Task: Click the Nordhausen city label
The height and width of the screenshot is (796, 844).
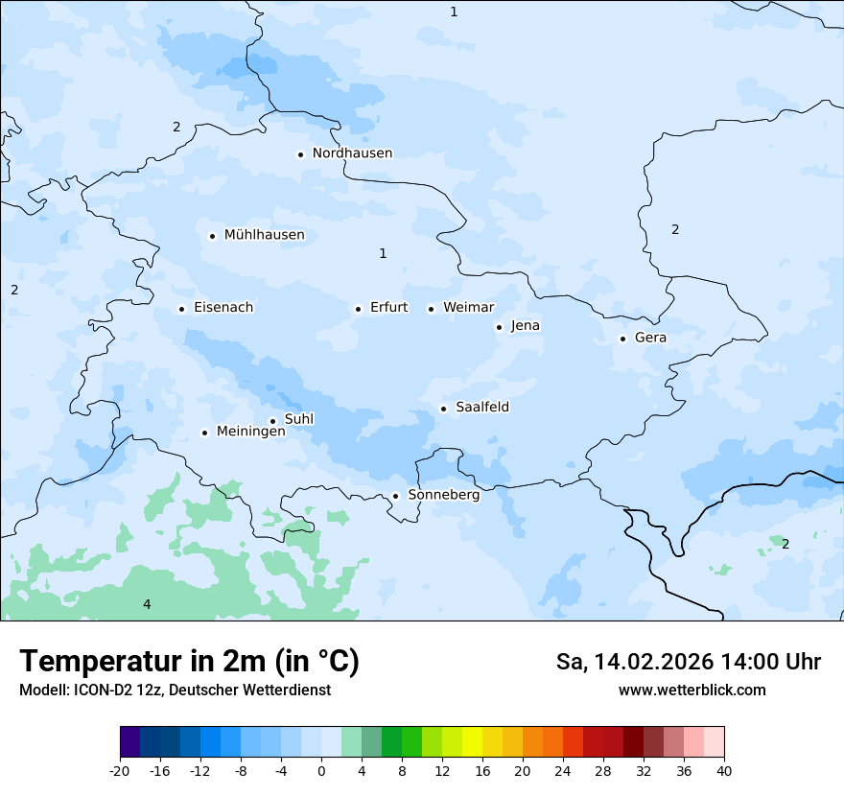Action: [x=352, y=153]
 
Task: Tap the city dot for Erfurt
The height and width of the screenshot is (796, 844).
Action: [x=358, y=309]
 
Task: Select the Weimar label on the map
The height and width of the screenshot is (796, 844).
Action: [x=468, y=308]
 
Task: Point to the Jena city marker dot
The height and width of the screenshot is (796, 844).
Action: [x=499, y=327]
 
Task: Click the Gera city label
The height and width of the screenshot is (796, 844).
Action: [x=650, y=338]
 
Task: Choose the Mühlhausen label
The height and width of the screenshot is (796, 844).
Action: [x=264, y=235]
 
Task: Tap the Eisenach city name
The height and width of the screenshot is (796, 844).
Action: [x=223, y=308]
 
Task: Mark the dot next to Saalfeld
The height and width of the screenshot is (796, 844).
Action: [x=444, y=409]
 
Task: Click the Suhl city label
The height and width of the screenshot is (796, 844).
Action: [x=299, y=419]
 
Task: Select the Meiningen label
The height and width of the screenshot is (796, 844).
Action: [x=250, y=432]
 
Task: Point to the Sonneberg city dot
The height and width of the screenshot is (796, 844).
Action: [x=395, y=496]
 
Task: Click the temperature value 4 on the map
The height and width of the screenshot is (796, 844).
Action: [x=147, y=604]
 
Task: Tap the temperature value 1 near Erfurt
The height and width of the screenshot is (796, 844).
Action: [x=383, y=253]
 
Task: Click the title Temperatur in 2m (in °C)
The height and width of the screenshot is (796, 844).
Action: [x=189, y=661]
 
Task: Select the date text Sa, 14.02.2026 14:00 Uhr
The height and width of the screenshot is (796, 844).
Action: [x=688, y=662]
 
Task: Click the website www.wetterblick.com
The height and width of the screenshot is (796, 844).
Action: [x=692, y=690]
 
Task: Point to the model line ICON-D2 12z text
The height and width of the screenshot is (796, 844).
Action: [x=175, y=690]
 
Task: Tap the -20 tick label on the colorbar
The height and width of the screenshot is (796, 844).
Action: [x=120, y=770]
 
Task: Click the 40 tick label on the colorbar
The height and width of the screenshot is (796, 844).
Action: [x=724, y=770]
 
